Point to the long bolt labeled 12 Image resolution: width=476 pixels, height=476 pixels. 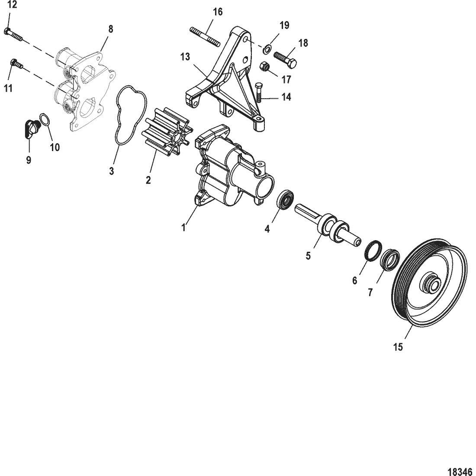point(14,35)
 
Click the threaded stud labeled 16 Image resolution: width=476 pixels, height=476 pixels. point(205,37)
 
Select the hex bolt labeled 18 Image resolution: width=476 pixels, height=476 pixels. point(285,60)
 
